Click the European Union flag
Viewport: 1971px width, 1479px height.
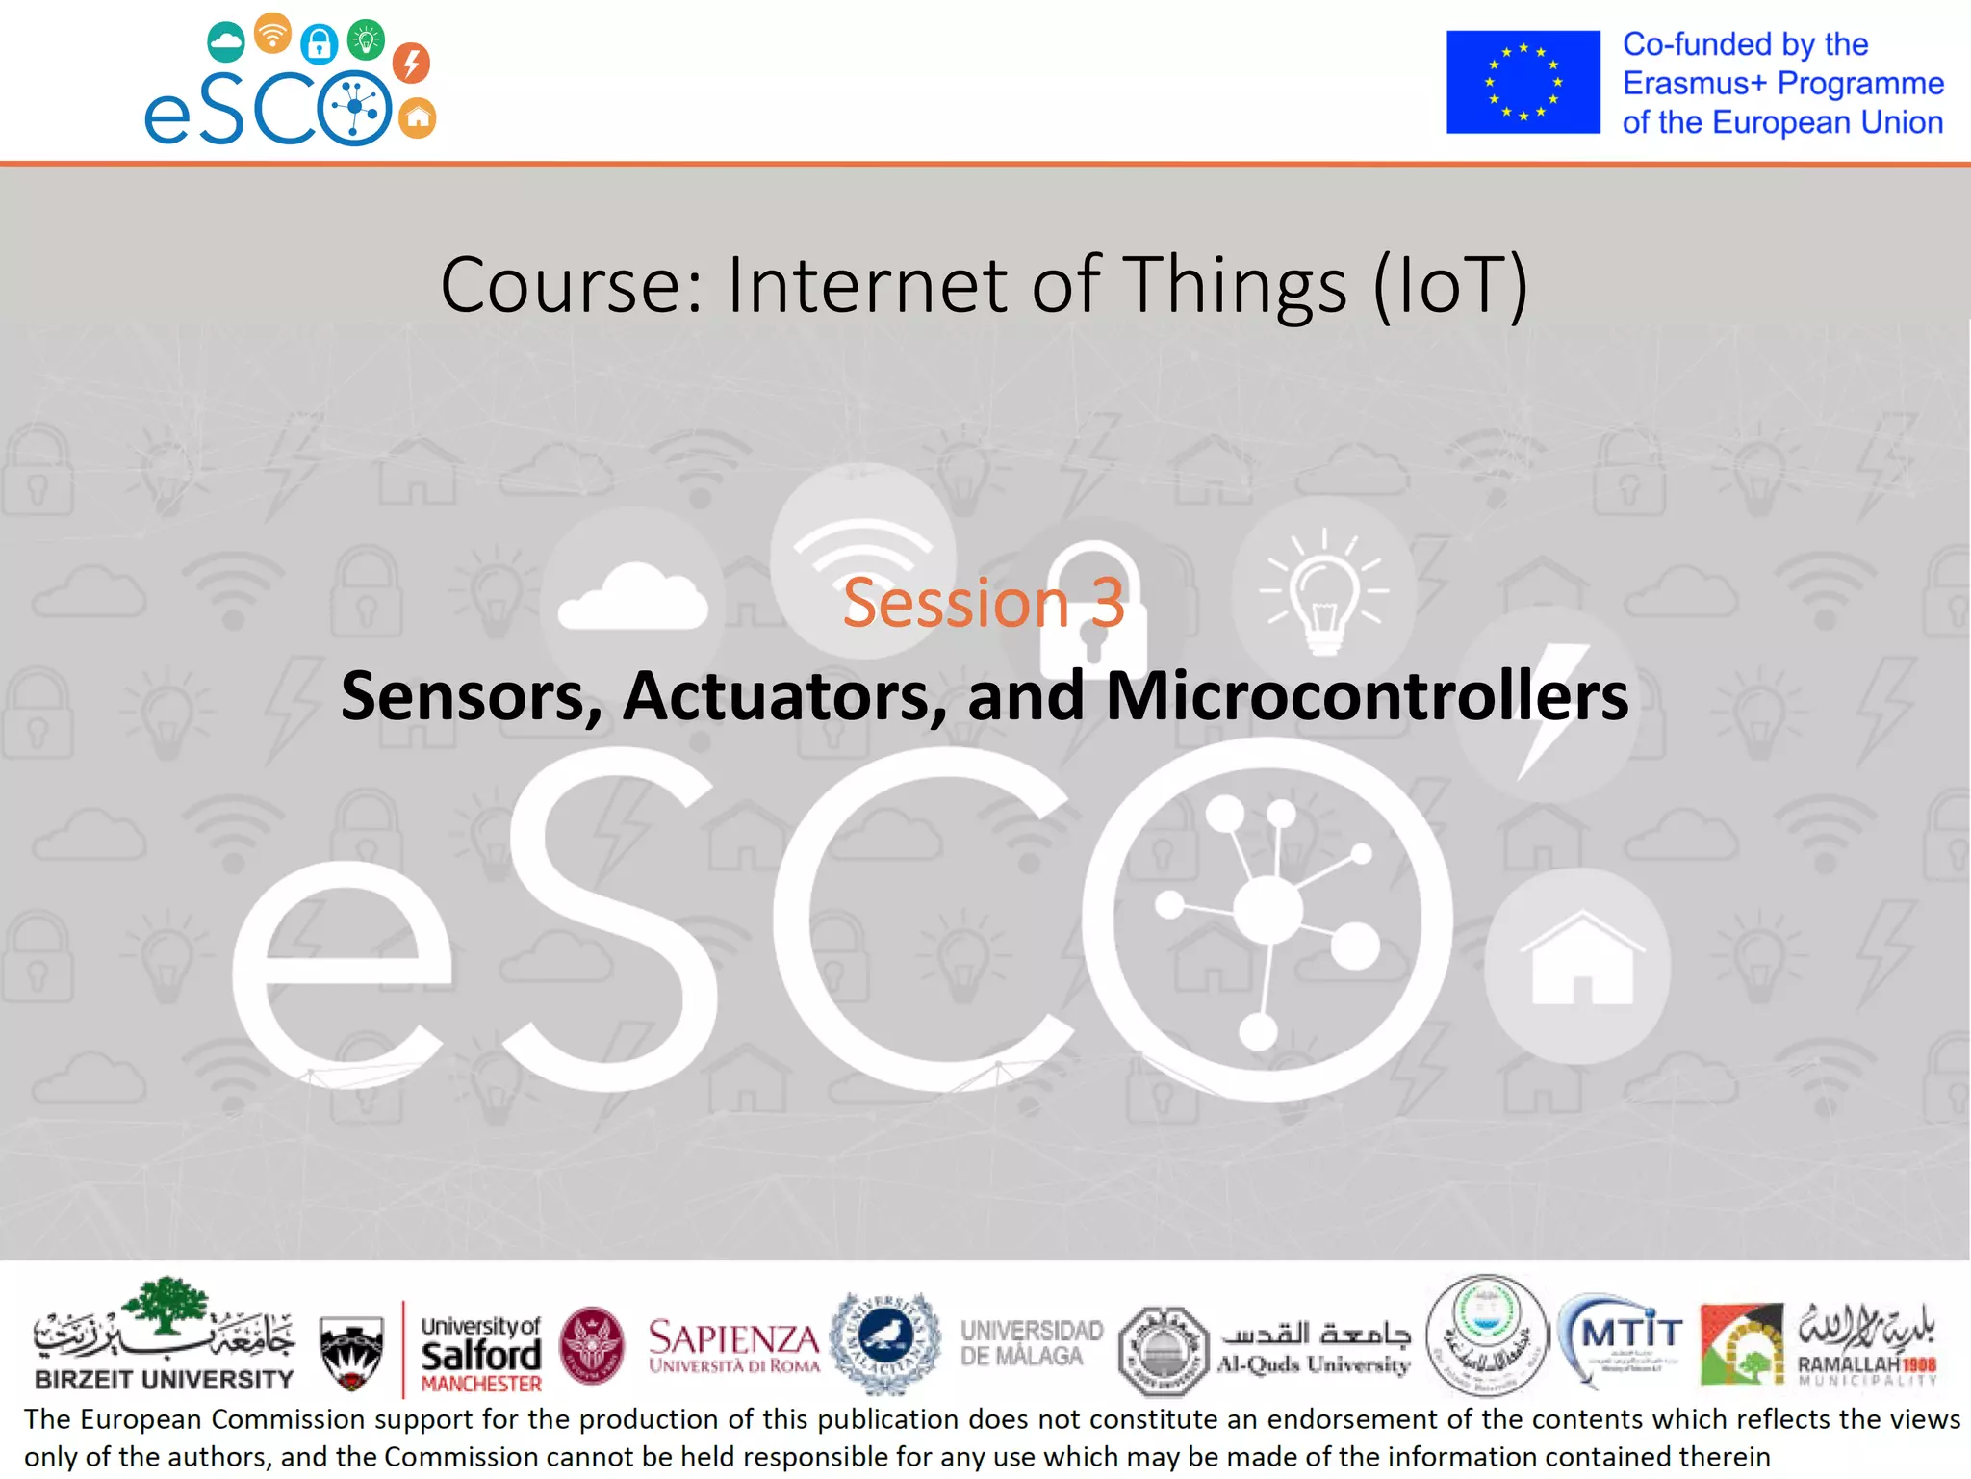pyautogui.click(x=1523, y=82)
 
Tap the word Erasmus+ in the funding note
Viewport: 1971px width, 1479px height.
pyautogui.click(x=1695, y=84)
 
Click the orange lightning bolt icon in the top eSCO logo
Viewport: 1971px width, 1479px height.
pyautogui.click(x=411, y=63)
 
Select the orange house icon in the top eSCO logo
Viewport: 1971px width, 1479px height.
pyautogui.click(x=417, y=118)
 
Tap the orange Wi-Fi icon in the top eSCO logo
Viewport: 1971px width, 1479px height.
pyautogui.click(x=273, y=34)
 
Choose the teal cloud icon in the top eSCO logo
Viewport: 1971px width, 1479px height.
pyautogui.click(x=226, y=42)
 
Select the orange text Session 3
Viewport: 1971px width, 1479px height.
pyautogui.click(x=984, y=603)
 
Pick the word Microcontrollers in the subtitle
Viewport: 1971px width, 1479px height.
pyautogui.click(x=1367, y=695)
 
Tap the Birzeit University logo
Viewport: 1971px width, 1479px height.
pyautogui.click(x=164, y=1335)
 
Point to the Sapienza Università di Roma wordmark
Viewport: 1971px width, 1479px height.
pyautogui.click(x=733, y=1344)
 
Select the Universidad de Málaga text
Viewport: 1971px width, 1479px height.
pyautogui.click(x=1031, y=1342)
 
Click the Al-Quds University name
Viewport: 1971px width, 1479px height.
pyautogui.click(x=1314, y=1363)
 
